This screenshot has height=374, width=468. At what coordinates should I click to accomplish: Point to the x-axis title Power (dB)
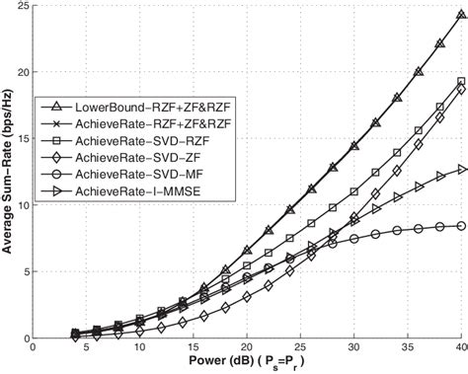(x=248, y=362)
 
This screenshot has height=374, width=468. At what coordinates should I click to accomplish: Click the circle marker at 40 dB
(x=460, y=226)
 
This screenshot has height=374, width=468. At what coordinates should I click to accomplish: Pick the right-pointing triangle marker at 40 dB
(x=460, y=170)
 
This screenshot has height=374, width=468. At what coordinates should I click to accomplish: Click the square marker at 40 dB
(x=460, y=82)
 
